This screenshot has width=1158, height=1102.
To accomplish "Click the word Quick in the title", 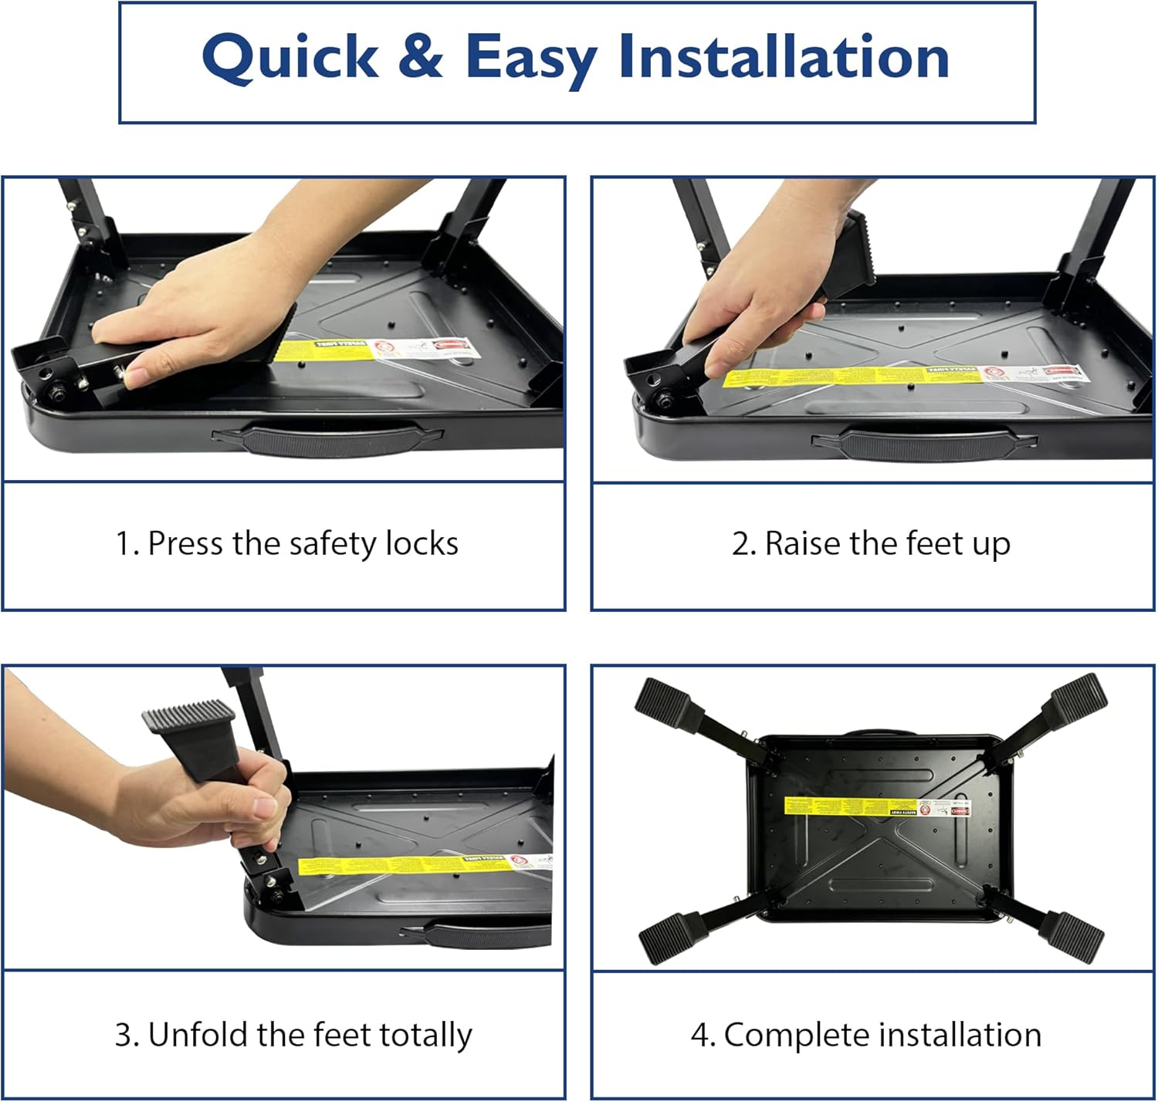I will pyautogui.click(x=290, y=58).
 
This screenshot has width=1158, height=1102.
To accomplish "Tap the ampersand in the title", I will pyautogui.click(x=421, y=56).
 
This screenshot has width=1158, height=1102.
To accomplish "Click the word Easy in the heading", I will pyautogui.click(x=531, y=58).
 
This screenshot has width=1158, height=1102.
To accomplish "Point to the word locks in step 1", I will pyautogui.click(x=422, y=543).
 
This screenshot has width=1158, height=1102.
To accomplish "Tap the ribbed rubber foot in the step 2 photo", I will pyautogui.click(x=849, y=255).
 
